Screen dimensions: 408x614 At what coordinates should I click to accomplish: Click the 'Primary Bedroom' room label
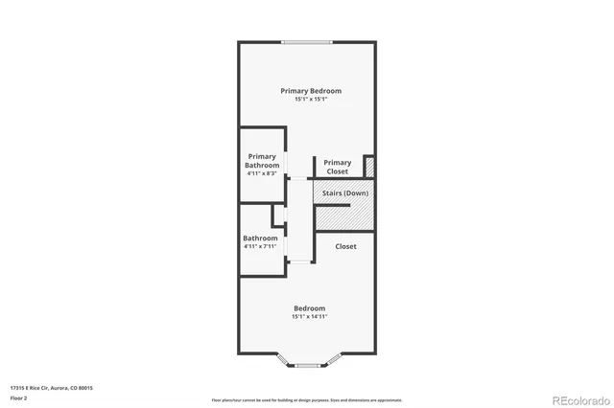click(311, 91)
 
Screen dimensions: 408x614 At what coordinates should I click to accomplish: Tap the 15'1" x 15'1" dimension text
click(311, 99)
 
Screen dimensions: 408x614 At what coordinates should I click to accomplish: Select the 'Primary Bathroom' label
click(262, 161)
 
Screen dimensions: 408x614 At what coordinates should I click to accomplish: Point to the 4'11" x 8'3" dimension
click(262, 173)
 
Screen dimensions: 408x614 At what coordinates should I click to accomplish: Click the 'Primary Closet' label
click(337, 167)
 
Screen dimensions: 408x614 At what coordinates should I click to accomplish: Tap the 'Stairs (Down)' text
click(344, 193)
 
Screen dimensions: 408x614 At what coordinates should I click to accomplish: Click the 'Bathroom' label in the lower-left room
click(260, 238)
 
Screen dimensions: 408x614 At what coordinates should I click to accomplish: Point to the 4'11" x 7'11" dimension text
click(260, 246)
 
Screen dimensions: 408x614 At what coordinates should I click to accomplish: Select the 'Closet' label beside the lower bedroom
click(345, 246)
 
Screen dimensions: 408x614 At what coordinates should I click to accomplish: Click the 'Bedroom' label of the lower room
click(309, 308)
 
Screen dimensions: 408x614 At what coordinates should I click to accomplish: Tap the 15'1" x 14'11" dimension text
click(309, 316)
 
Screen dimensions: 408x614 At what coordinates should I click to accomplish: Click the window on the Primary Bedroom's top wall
click(307, 41)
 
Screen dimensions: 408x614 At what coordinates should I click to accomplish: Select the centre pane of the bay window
click(307, 365)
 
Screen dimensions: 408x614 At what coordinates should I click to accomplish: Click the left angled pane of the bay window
click(285, 361)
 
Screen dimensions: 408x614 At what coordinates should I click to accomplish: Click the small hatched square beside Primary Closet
click(369, 166)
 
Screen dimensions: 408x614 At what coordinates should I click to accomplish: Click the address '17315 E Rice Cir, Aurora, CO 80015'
click(52, 388)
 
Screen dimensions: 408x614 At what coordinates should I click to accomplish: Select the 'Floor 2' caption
click(18, 397)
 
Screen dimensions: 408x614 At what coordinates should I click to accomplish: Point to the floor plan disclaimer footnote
click(307, 399)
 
